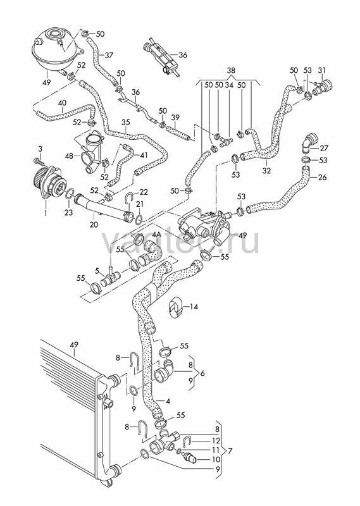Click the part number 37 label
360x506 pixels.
click(x=109, y=55)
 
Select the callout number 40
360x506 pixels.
click(x=62, y=103)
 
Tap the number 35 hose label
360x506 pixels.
click(x=126, y=122)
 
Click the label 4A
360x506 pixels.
click(x=156, y=235)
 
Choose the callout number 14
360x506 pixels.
click(x=194, y=306)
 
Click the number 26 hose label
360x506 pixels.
click(x=322, y=177)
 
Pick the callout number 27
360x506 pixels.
click(x=324, y=148)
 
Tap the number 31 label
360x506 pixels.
click(x=322, y=70)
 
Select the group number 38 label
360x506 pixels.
click(x=231, y=70)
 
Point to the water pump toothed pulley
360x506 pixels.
click(x=40, y=179)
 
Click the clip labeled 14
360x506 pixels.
click(x=176, y=307)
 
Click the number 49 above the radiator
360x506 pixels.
click(x=74, y=344)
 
